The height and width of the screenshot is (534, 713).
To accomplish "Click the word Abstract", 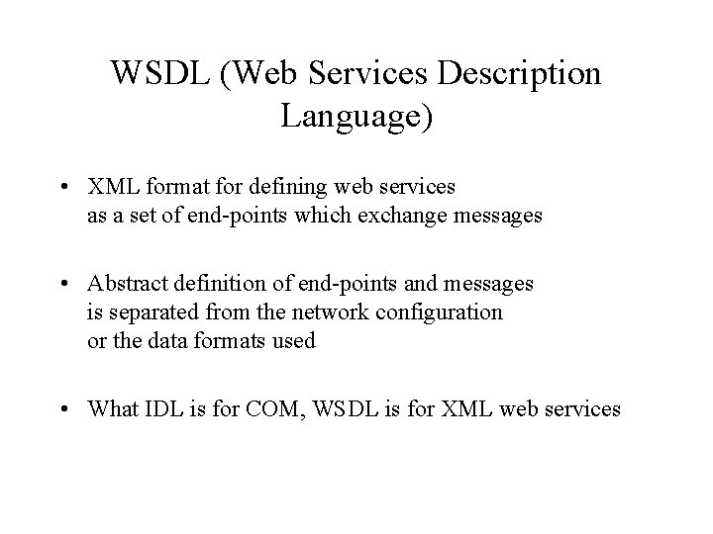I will tap(126, 284).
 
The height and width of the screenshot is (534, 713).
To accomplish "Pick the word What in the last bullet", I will tap(112, 408).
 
